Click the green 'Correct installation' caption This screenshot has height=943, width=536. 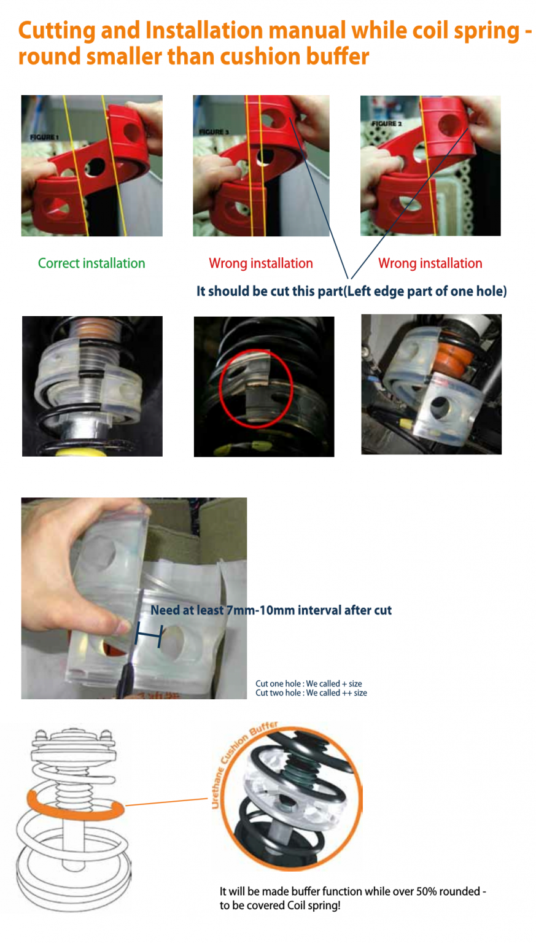click(91, 263)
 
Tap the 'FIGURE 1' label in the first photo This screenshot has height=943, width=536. click(44, 138)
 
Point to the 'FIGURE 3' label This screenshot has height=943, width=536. click(214, 132)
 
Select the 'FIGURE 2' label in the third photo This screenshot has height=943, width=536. click(387, 124)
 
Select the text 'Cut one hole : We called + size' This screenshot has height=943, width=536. click(309, 684)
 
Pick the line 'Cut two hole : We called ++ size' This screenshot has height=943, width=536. click(311, 693)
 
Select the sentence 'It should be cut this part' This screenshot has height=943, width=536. click(270, 292)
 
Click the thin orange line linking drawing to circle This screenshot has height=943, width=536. click(167, 802)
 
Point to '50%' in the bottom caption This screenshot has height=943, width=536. click(427, 891)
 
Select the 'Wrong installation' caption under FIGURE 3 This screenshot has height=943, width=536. click(261, 263)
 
